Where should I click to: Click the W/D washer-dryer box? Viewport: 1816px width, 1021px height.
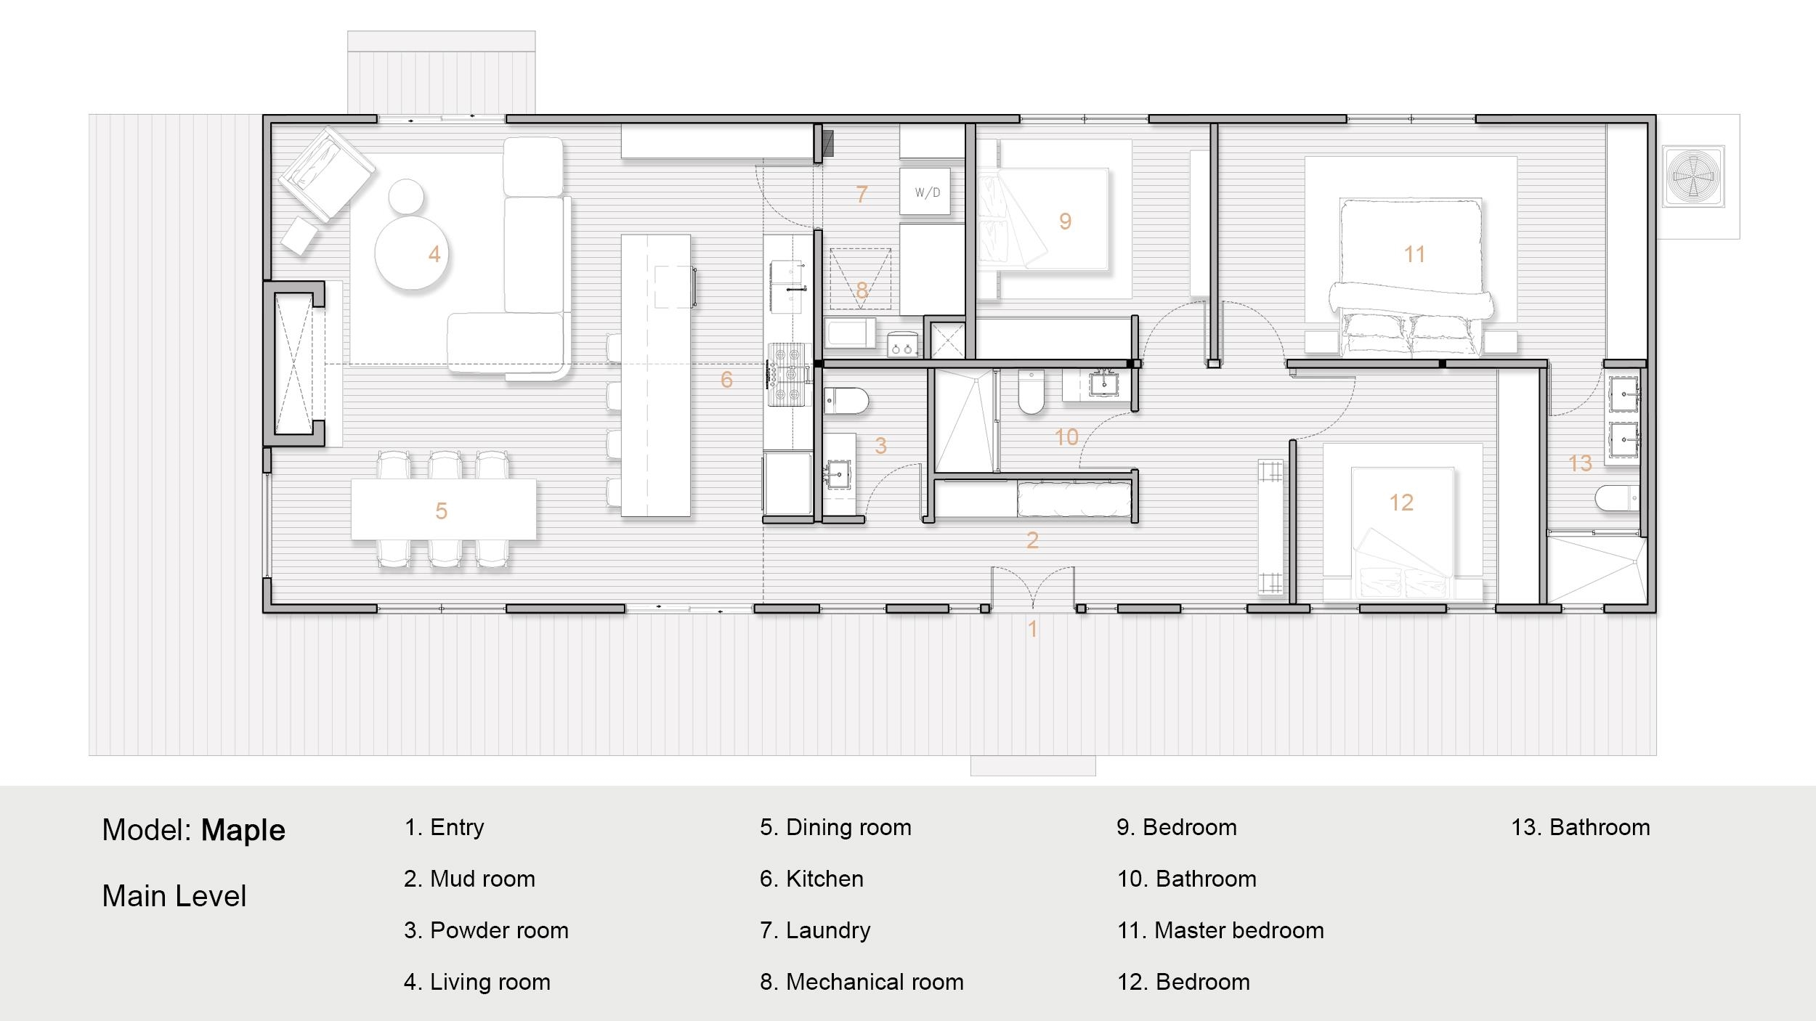925,192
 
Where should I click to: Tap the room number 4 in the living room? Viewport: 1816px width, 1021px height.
434,254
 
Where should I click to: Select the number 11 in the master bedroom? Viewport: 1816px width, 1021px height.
1414,254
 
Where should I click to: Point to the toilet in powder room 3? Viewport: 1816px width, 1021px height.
847,401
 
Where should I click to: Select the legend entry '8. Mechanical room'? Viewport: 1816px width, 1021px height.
862,982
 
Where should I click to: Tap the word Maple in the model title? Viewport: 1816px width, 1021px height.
243,830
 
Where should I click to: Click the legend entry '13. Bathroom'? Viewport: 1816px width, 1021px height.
1580,827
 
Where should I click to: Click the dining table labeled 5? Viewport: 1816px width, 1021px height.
443,510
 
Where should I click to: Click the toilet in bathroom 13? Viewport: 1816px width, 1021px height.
1617,499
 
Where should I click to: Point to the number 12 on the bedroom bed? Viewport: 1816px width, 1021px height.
1401,503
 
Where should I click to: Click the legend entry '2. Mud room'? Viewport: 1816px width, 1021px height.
469,879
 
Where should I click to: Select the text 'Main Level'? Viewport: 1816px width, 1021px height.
174,896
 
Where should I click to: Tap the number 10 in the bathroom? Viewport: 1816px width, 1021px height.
1066,437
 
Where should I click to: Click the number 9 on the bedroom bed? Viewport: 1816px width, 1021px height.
1065,221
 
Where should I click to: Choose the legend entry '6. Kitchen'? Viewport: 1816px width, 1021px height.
811,879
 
